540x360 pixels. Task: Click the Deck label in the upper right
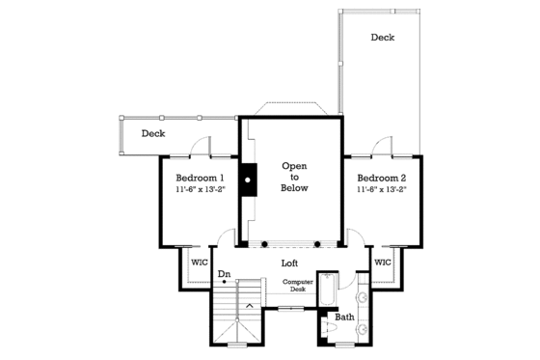click(x=383, y=38)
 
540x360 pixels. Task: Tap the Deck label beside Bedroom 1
click(x=153, y=133)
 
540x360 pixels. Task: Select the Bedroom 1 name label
click(x=200, y=178)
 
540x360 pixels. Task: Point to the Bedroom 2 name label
click(x=382, y=178)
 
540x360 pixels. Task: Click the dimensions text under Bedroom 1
click(x=202, y=191)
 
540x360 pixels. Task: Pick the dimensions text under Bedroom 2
click(x=383, y=191)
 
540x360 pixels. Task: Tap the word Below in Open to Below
click(x=294, y=189)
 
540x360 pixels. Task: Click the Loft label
click(x=289, y=262)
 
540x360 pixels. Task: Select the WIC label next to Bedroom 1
click(x=200, y=262)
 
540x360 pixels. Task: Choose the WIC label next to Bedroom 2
click(x=382, y=262)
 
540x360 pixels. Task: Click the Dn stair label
click(x=224, y=273)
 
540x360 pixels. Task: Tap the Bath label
click(x=344, y=317)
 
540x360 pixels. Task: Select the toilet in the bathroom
click(x=329, y=329)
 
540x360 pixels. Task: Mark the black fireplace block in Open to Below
click(x=249, y=179)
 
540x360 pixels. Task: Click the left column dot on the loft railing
click(x=263, y=243)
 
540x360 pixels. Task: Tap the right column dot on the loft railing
click(x=316, y=243)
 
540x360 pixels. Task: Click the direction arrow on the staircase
click(x=249, y=306)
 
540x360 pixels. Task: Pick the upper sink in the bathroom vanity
click(x=363, y=295)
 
